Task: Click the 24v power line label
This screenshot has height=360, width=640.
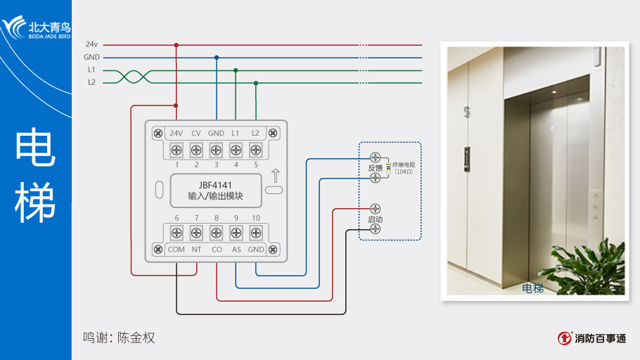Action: [x=91, y=44]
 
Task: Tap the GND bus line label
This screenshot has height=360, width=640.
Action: [x=91, y=57]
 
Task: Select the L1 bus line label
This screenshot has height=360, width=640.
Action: [x=91, y=70]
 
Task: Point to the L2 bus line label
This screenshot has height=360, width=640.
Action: [x=91, y=82]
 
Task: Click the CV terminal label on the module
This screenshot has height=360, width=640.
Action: [x=196, y=133]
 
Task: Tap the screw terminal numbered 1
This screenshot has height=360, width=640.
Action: [x=177, y=149]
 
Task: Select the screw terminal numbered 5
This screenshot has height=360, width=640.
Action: [x=256, y=149]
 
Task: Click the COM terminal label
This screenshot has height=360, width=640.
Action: [x=177, y=250]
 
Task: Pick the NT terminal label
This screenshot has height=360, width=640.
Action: [x=196, y=250]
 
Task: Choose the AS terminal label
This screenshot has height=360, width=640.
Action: [x=236, y=250]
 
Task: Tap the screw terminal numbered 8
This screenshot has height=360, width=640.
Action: [x=217, y=233]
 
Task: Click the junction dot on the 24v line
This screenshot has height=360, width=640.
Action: [x=177, y=45]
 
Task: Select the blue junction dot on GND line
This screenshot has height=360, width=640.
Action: [x=217, y=58]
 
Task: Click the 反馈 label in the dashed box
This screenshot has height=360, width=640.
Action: [x=375, y=168]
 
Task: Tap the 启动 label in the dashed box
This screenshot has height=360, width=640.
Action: [x=375, y=219]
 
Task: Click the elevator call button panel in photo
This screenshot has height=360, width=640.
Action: [x=466, y=159]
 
